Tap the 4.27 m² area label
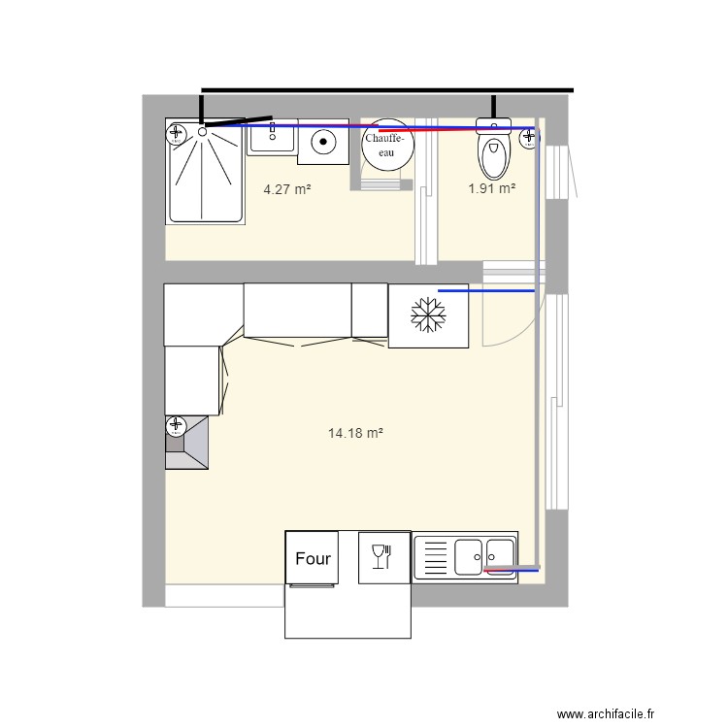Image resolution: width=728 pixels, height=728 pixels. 287,190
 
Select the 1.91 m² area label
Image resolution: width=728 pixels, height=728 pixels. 491,189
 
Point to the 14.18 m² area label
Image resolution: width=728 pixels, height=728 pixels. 355,434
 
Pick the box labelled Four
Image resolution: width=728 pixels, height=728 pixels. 313,557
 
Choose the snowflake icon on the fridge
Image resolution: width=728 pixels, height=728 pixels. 426,314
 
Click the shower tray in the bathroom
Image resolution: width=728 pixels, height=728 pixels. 206,173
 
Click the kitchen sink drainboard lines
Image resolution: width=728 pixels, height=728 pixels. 435,558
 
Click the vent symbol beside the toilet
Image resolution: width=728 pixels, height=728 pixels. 529,138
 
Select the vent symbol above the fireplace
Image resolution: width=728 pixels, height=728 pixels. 176,424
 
